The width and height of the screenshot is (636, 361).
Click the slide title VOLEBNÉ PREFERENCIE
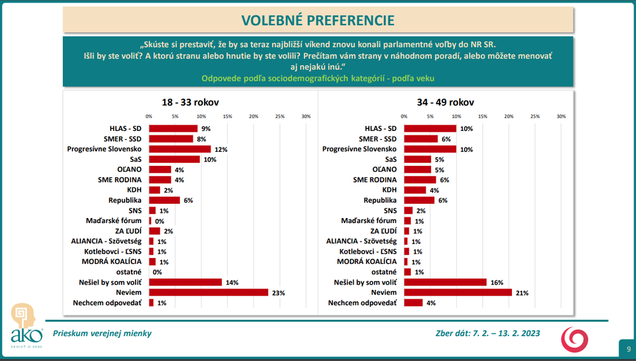(x=317, y=20)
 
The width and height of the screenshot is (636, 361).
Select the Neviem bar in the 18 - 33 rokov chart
(x=209, y=292)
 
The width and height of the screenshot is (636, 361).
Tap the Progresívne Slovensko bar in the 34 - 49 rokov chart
(x=430, y=149)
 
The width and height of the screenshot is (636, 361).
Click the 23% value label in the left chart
(x=278, y=292)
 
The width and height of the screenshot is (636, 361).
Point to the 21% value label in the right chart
(x=522, y=292)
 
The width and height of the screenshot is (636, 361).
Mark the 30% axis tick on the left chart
(x=305, y=116)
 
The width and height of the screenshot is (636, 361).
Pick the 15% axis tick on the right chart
(x=482, y=116)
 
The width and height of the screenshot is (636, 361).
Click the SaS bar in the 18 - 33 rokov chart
(x=174, y=159)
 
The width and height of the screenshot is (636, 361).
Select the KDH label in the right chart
(x=389, y=189)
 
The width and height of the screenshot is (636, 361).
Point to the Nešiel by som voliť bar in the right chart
(x=445, y=282)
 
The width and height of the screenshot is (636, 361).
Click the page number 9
(x=628, y=349)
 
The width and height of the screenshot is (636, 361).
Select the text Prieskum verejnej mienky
(x=102, y=333)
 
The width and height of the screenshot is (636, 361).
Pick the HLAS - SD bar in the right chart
(x=430, y=128)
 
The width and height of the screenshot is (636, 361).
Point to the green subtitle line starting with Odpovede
(x=318, y=79)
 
